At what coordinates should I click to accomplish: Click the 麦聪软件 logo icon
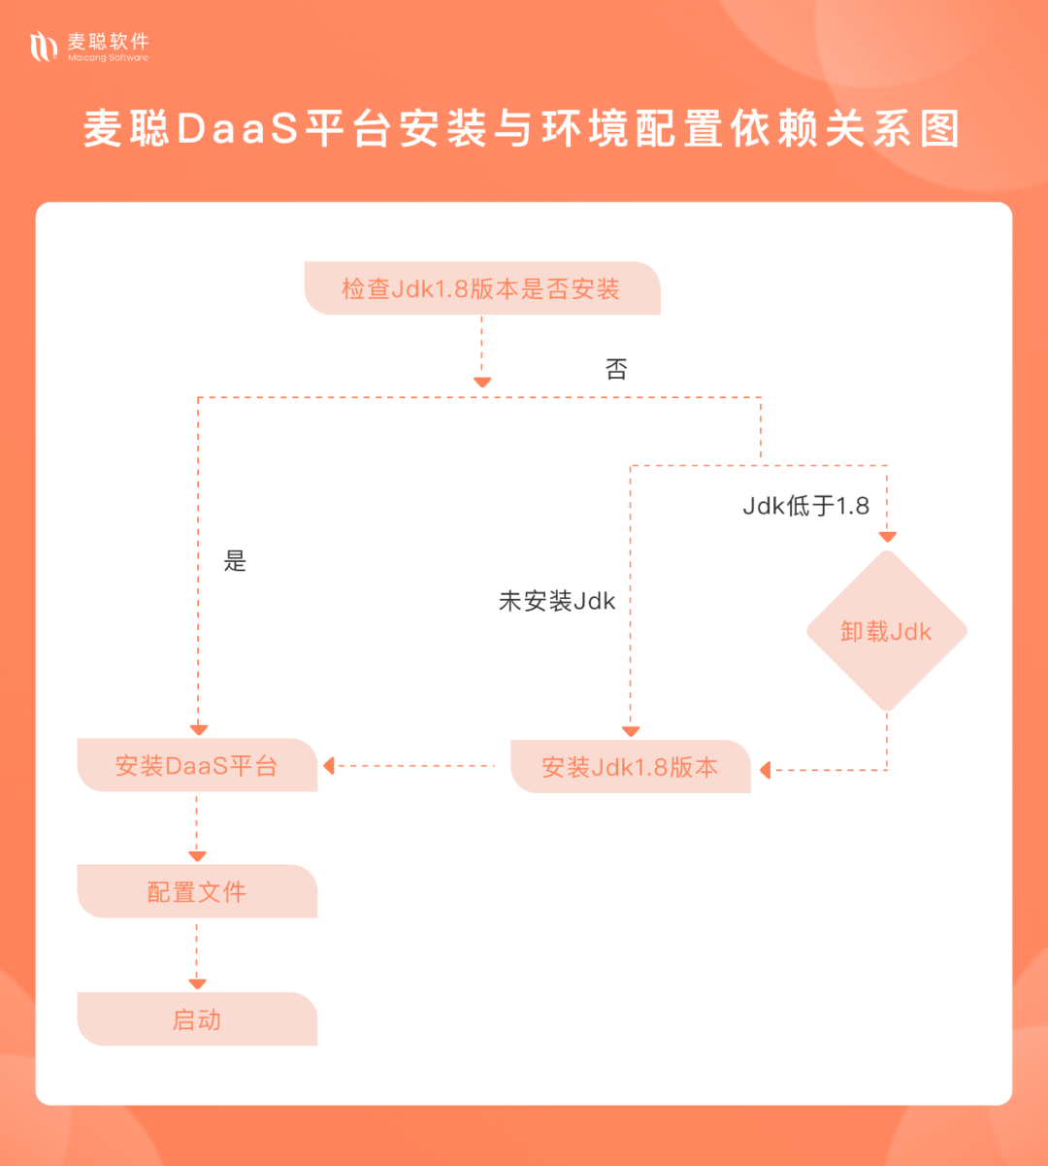point(44,46)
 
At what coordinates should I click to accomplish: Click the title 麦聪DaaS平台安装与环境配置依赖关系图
point(522,129)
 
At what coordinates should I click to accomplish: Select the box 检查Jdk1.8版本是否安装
point(481,288)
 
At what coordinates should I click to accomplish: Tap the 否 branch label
point(616,369)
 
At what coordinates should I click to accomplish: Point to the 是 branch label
point(235,561)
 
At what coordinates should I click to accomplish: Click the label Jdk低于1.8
point(805,506)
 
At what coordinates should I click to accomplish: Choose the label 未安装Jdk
point(557,601)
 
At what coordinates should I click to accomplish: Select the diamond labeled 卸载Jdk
point(886,632)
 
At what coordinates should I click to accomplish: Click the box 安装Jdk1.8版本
point(630,767)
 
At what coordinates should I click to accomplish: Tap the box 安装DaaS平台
point(197,765)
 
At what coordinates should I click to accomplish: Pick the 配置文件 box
point(197,891)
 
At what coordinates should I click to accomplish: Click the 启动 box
point(197,1019)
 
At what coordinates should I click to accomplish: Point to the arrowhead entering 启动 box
point(197,984)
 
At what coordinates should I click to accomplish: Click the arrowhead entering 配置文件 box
point(197,856)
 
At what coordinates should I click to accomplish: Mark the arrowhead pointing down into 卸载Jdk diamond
point(887,536)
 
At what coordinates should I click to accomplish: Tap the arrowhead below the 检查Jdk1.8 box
point(481,383)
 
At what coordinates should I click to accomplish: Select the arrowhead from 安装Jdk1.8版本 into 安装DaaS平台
point(329,766)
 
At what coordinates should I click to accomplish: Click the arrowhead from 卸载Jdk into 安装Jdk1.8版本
point(766,770)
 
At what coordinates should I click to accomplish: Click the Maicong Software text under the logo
point(108,58)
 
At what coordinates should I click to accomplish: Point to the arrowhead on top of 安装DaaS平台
point(198,730)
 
